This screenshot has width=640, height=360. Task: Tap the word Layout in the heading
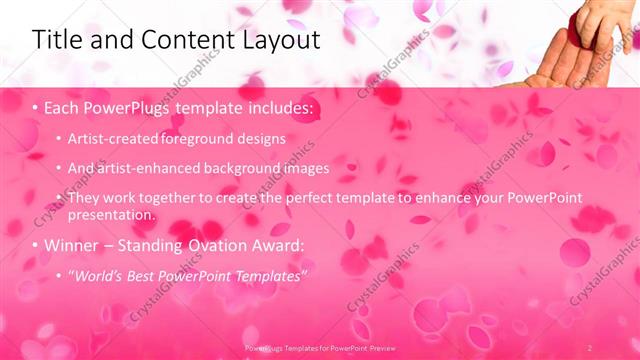(x=273, y=40)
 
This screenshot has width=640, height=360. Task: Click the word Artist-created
(x=111, y=139)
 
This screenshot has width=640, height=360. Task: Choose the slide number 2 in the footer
(x=590, y=346)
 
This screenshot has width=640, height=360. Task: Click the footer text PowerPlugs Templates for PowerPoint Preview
(x=319, y=346)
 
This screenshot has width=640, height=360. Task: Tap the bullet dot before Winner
(x=36, y=245)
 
